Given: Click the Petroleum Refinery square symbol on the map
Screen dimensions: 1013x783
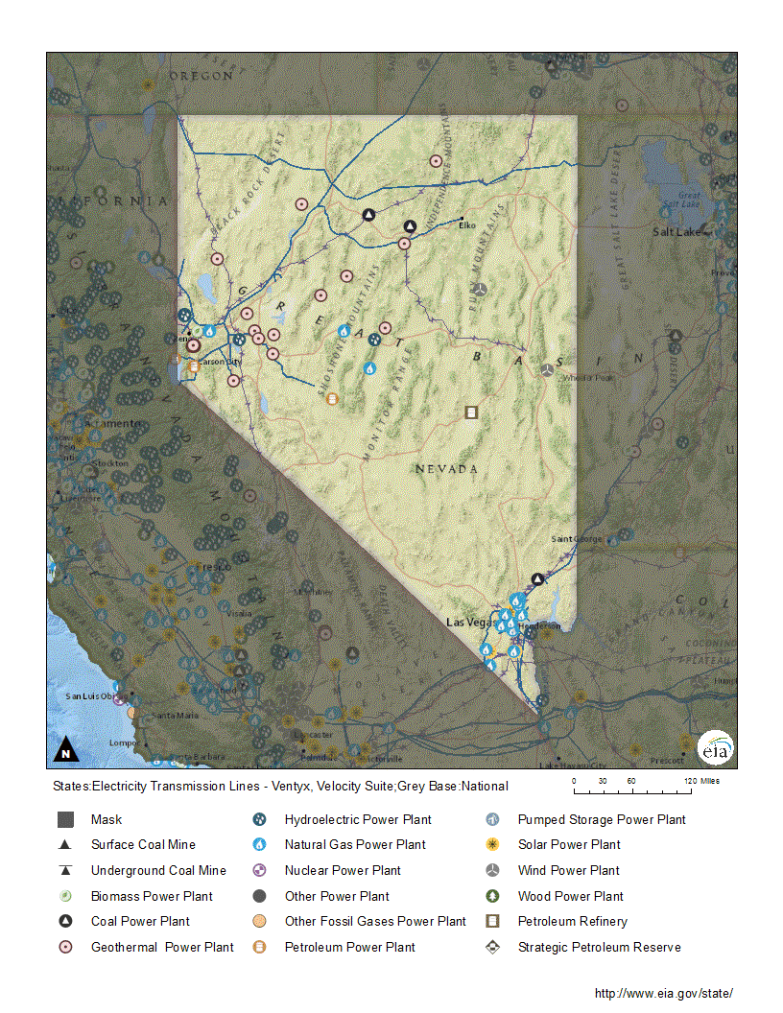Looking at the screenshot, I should tap(471, 412).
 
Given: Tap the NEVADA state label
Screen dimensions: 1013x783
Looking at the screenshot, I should tap(446, 469).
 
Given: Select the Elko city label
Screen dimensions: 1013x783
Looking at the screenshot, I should tap(467, 225).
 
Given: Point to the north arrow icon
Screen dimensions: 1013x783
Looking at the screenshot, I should tap(65, 749).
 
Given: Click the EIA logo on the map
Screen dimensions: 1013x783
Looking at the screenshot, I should tap(714, 748).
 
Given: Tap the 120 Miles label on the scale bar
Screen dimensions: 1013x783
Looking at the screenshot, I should tap(702, 781).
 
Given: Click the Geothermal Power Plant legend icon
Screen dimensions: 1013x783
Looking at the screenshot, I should tap(65, 947).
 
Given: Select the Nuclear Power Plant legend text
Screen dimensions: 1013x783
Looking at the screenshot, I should tap(343, 870).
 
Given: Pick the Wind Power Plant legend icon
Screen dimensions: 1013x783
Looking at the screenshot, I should tap(492, 870).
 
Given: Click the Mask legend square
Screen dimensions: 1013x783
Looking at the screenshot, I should tap(65, 820).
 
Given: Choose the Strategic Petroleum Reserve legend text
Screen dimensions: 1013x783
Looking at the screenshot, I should tap(599, 947).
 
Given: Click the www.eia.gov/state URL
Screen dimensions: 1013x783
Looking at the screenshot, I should tap(663, 993).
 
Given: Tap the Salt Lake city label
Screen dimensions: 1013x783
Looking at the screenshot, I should tap(675, 232).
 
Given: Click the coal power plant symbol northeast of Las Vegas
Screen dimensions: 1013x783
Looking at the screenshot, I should tap(538, 579).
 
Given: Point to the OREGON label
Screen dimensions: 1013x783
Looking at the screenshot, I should tap(202, 75).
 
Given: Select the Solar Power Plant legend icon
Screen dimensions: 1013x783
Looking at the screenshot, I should tap(492, 845).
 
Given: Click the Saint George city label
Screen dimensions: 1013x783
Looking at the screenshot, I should tap(576, 539).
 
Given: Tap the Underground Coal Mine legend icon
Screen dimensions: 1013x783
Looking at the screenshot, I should tap(65, 870).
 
